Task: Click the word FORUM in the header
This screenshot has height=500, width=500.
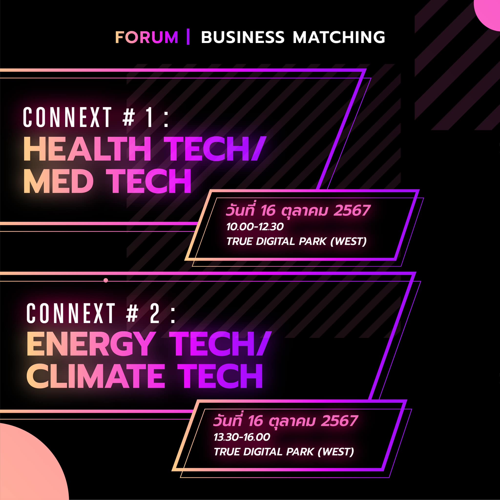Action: click(147, 37)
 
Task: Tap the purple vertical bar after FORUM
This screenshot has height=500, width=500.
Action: click(188, 37)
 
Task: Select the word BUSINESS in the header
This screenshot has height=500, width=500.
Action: click(242, 37)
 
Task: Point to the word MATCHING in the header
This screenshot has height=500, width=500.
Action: click(339, 37)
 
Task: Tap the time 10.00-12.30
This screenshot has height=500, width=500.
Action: click(255, 227)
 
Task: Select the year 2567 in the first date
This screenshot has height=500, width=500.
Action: click(352, 210)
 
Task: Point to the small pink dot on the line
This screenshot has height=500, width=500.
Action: click(105, 280)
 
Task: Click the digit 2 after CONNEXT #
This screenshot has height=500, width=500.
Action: click(155, 313)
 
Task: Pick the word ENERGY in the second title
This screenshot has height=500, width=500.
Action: click(90, 344)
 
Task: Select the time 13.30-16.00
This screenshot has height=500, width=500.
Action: click(242, 437)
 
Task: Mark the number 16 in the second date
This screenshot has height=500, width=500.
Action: click(255, 421)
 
